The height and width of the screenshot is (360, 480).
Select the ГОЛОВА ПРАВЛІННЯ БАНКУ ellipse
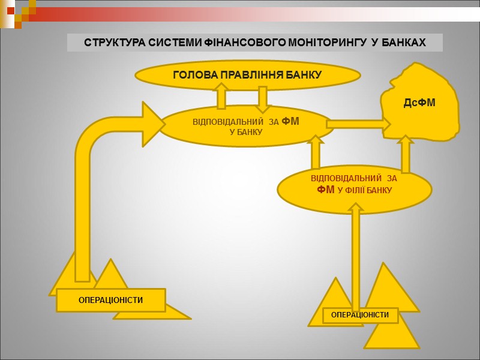click(x=247, y=75)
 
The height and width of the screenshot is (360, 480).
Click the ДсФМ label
click(x=419, y=104)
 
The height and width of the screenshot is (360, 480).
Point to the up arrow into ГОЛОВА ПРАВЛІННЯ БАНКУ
click(x=221, y=95)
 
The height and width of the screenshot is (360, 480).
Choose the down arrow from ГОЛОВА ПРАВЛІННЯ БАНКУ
click(x=262, y=99)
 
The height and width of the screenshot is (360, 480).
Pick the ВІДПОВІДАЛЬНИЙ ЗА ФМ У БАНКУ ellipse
click(x=246, y=126)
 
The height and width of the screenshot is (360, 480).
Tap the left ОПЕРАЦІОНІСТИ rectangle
click(x=110, y=300)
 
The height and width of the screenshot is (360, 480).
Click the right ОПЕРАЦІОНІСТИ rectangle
click(x=360, y=315)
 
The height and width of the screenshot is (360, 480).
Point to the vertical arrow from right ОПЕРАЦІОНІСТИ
click(x=356, y=252)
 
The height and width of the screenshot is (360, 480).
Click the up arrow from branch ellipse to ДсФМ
click(x=406, y=154)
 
